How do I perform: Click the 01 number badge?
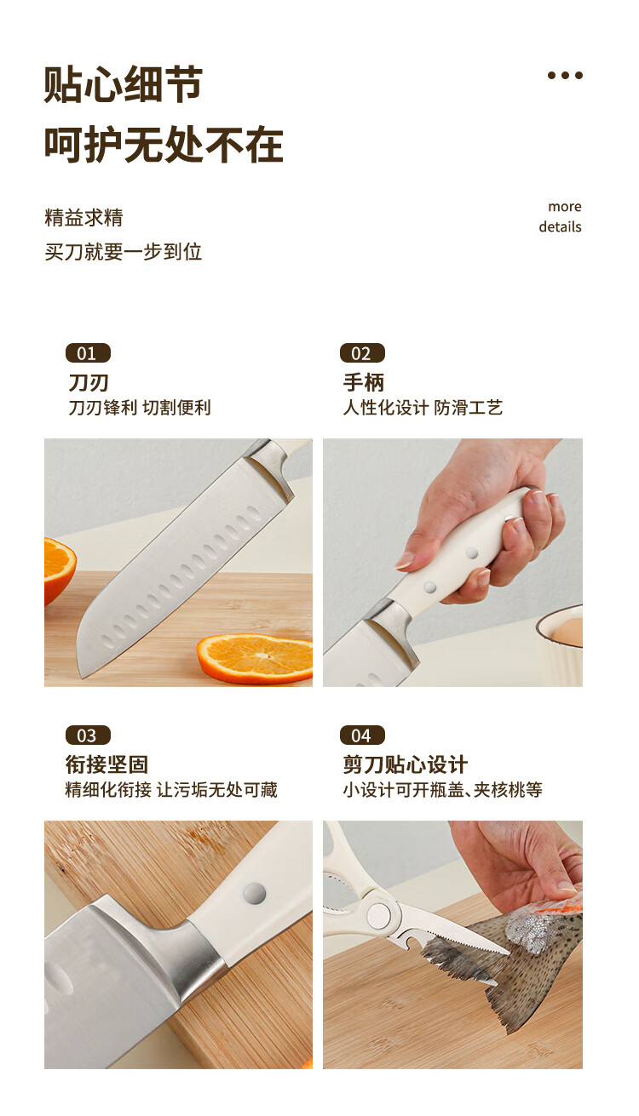(x=88, y=353)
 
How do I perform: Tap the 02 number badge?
(x=362, y=353)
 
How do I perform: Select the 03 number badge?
(x=88, y=735)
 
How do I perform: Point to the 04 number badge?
(x=362, y=735)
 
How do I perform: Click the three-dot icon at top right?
(x=565, y=76)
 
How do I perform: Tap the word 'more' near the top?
(x=565, y=206)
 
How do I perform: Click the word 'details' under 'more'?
(x=560, y=226)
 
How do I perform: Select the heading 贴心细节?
(x=124, y=84)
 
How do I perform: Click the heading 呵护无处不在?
(x=164, y=145)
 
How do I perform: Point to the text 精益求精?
(x=83, y=218)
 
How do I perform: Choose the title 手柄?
(x=364, y=382)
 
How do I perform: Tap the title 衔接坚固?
(x=106, y=764)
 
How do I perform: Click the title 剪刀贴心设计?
(x=405, y=764)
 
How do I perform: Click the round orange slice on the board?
(x=255, y=658)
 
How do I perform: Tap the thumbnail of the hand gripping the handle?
(x=452, y=563)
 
